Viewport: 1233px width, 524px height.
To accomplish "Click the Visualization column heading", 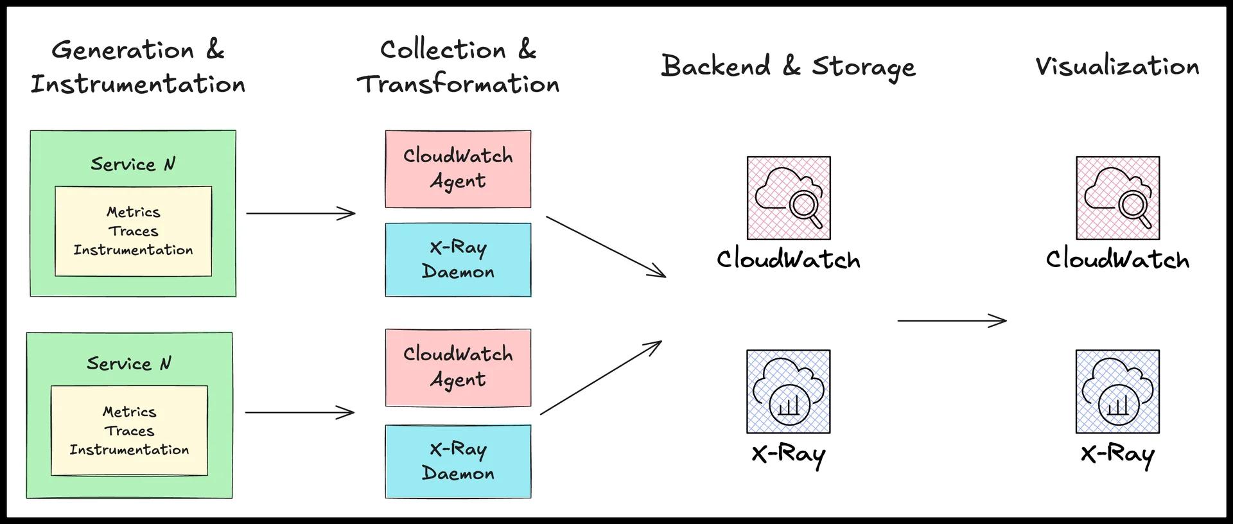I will click(x=1117, y=66).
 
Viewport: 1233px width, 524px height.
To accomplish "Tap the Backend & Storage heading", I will click(x=788, y=67).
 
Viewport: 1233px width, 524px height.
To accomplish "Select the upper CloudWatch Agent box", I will click(x=458, y=169).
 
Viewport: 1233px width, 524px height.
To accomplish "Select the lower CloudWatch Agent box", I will click(x=458, y=367).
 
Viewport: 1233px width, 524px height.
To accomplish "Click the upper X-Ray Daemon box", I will click(x=458, y=259).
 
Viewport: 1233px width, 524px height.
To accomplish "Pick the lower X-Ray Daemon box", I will click(x=458, y=461).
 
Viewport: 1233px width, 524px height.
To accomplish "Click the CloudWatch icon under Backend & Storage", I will click(x=789, y=198).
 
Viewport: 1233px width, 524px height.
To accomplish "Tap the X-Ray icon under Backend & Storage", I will click(x=789, y=392).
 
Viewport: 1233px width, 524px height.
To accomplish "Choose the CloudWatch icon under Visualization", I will click(x=1117, y=198).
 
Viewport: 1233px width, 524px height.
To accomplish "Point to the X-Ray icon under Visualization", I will click(x=1117, y=392).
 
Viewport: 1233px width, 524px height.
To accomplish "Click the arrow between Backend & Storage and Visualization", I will click(x=951, y=320).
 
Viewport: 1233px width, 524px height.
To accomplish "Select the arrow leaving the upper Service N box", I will click(x=301, y=213).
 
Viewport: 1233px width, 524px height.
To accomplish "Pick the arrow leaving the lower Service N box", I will click(x=300, y=412).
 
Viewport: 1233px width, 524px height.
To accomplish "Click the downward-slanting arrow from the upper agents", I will click(x=606, y=247).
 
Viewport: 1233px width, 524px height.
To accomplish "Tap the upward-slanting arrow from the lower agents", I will click(x=600, y=378).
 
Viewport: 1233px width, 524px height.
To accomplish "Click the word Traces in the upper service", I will click(x=133, y=231).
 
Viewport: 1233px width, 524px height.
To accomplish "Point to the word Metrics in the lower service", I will click(x=129, y=412).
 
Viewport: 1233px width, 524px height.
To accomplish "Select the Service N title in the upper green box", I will click(x=133, y=164).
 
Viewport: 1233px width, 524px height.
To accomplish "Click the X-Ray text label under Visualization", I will click(x=1117, y=455).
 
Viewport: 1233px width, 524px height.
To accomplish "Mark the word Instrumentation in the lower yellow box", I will click(x=129, y=450).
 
